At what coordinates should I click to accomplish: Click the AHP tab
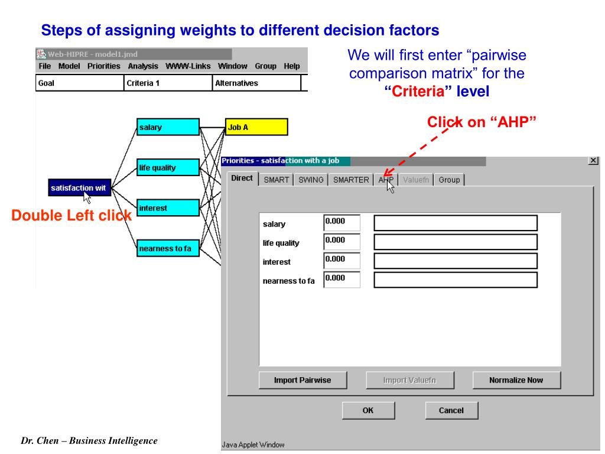386,180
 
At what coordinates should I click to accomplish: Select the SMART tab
276,180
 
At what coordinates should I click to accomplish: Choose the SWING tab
311,180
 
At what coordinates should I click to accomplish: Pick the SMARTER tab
351,180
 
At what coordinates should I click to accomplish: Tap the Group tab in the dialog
449,180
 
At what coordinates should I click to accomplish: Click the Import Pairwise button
302,380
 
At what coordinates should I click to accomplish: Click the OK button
368,410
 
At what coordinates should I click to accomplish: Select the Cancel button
451,410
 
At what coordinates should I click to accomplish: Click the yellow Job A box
256,127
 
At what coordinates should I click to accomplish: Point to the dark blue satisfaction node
80,188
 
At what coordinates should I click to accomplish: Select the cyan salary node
168,127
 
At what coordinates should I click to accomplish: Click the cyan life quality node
168,168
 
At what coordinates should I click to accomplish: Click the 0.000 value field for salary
342,223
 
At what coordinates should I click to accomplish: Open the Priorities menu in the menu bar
103,66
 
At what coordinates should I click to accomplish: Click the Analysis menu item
143,66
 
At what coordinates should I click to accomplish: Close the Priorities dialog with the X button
594,161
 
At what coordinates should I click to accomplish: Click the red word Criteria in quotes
419,92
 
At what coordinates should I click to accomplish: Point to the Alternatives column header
237,83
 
